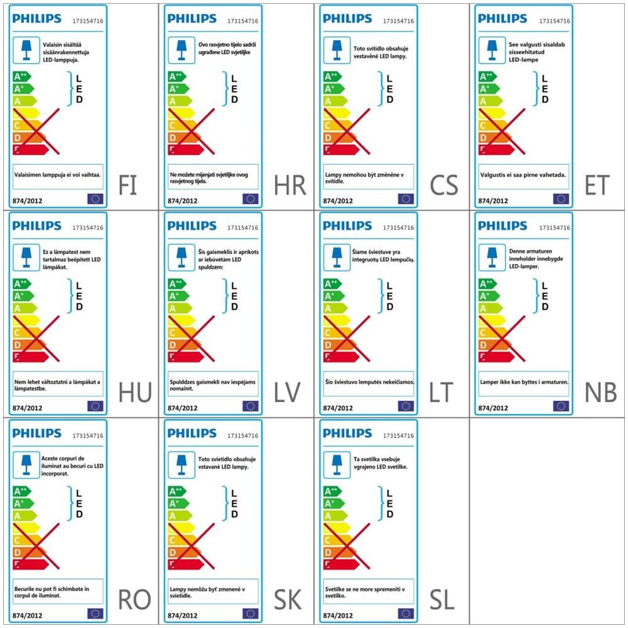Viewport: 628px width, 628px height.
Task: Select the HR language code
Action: (x=290, y=185)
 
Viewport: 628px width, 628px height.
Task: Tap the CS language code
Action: (x=444, y=185)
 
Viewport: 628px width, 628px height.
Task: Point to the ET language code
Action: (x=597, y=185)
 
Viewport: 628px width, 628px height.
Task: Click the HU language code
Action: (x=135, y=393)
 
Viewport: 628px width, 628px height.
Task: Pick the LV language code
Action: (x=287, y=393)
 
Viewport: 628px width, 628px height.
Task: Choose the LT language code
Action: (x=441, y=393)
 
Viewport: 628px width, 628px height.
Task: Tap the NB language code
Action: (x=600, y=393)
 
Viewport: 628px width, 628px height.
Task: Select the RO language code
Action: (x=134, y=600)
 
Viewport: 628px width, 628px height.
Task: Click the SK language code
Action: (x=288, y=600)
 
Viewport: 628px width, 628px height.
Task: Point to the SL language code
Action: (x=442, y=600)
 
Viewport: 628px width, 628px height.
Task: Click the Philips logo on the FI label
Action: (x=36, y=19)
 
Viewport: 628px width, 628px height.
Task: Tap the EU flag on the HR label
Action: (x=250, y=199)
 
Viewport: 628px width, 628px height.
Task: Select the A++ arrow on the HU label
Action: (x=22, y=284)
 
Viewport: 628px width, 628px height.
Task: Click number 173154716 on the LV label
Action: (x=243, y=228)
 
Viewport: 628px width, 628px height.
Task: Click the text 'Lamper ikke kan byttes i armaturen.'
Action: (x=524, y=382)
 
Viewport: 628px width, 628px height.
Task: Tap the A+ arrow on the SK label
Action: (x=178, y=503)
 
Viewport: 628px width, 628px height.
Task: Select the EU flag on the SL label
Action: (x=405, y=614)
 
